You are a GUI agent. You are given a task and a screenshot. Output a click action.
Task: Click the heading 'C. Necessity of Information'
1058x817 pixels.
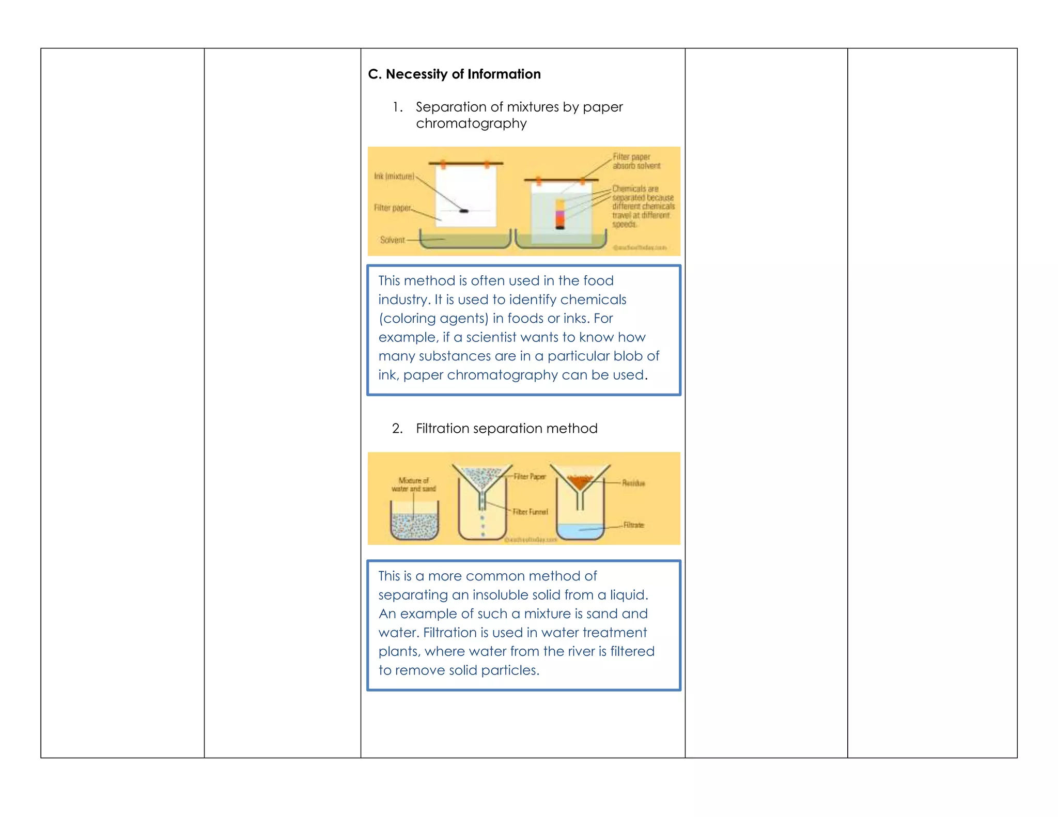[x=454, y=74]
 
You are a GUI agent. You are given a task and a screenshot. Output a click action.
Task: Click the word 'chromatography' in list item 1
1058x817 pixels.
[x=471, y=123]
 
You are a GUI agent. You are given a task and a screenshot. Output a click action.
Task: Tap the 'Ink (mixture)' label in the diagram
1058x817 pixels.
[x=394, y=177]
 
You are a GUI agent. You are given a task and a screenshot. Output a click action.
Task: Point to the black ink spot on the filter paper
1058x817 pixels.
[x=464, y=211]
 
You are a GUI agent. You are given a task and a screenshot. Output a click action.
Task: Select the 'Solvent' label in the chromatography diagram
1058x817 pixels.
[x=392, y=240]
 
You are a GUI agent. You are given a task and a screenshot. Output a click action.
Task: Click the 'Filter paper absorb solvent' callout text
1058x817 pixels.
[x=636, y=161]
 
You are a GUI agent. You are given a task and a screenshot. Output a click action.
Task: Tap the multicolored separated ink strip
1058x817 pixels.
[x=560, y=213]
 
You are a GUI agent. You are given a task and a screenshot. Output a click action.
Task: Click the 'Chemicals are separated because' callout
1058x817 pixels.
[x=643, y=193]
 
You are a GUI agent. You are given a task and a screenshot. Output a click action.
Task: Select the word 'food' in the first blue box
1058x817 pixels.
[x=598, y=280]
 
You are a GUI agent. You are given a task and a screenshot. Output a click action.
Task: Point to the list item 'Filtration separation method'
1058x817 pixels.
[x=506, y=428]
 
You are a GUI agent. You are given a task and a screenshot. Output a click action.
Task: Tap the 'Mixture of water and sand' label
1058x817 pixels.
[x=413, y=484]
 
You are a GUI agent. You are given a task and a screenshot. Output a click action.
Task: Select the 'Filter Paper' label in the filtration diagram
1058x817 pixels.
[x=530, y=477]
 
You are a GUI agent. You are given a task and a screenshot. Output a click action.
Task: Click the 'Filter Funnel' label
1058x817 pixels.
[x=530, y=512]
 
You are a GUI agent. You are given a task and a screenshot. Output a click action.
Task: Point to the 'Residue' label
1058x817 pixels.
[x=633, y=483]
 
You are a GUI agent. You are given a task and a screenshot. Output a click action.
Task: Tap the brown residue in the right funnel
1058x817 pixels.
[x=580, y=482]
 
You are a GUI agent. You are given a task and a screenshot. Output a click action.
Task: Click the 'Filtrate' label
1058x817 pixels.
[x=633, y=525]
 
